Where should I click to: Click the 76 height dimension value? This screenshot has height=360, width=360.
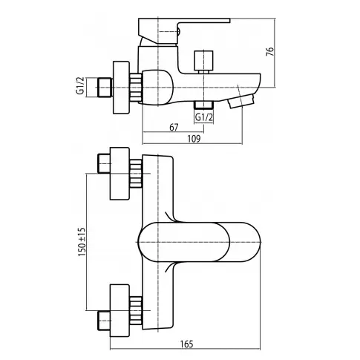pyautogui.click(x=271, y=51)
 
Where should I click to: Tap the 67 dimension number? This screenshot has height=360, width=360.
pyautogui.click(x=174, y=127)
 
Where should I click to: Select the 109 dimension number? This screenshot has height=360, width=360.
pyautogui.click(x=194, y=139)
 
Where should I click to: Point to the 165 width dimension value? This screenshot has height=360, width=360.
pyautogui.click(x=187, y=344)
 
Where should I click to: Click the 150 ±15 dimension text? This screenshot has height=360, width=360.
pyautogui.click(x=82, y=242)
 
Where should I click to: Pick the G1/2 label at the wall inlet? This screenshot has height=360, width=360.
pyautogui.click(x=80, y=85)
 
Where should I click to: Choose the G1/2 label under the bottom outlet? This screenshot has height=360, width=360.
pyautogui.click(x=204, y=117)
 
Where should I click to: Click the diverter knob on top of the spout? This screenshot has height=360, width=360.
pyautogui.click(x=204, y=62)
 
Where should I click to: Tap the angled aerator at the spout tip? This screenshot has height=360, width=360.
pyautogui.click(x=240, y=101)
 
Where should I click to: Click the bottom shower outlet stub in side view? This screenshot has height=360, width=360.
pyautogui.click(x=203, y=105)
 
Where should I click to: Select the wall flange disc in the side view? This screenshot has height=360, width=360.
pyautogui.click(x=121, y=88)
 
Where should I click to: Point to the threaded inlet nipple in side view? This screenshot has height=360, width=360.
pyautogui.click(x=105, y=88)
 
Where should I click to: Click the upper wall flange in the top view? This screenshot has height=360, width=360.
pyautogui.click(x=120, y=174)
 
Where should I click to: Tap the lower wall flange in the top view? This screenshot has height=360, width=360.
pyautogui.click(x=120, y=310)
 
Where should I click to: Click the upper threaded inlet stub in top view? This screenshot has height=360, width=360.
pyautogui.click(x=104, y=163)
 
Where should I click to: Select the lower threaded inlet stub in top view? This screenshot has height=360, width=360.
pyautogui.click(x=104, y=321)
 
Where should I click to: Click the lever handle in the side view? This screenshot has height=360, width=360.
pyautogui.click(x=184, y=32)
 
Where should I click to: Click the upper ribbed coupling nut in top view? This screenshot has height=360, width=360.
pyautogui.click(x=136, y=174)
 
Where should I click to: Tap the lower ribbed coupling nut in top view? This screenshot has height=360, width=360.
pyautogui.click(x=136, y=310)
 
